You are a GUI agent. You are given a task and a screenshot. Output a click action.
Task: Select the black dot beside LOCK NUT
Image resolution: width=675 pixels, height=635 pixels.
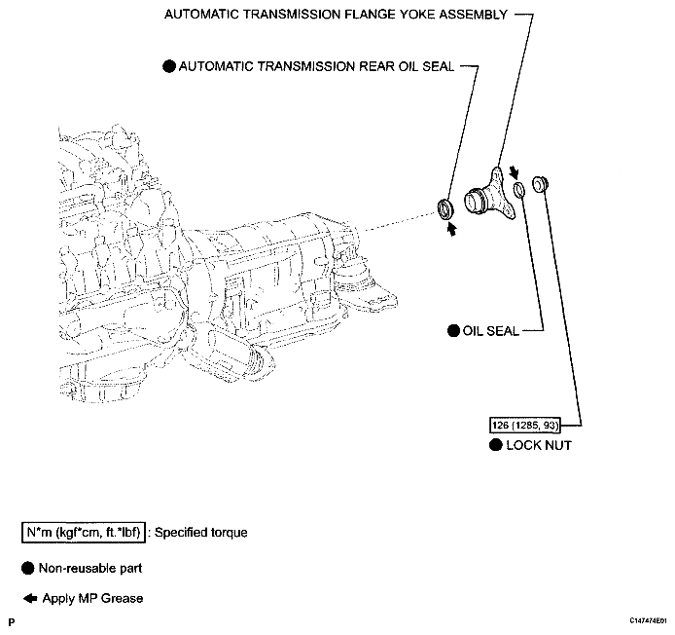tap(496, 445)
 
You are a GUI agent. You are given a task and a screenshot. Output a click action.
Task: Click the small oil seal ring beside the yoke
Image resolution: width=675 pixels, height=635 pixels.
tap(519, 187)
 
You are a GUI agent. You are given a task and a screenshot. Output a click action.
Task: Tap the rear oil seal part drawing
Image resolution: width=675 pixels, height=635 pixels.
tap(445, 206)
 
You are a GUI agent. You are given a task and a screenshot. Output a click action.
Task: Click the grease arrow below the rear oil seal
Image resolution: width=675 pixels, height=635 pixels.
tap(450, 229)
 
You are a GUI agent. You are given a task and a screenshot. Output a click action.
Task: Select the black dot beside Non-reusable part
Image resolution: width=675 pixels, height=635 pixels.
tap(28, 567)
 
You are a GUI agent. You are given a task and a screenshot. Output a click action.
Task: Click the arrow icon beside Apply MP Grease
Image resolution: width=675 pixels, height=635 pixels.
tap(28, 598)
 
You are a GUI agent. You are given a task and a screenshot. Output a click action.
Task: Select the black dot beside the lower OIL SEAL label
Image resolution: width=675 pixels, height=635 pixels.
tap(452, 331)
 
